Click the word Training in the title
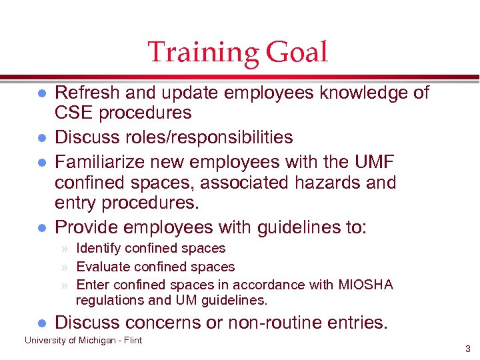click(x=202, y=53)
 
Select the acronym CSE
click(x=74, y=113)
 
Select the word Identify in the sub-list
click(x=99, y=249)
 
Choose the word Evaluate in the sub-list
click(x=103, y=267)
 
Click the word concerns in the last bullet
click(x=171, y=323)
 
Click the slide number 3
click(x=468, y=349)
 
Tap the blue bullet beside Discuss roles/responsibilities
click(x=41, y=138)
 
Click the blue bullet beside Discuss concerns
click(x=41, y=323)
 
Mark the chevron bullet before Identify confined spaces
click(x=65, y=249)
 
